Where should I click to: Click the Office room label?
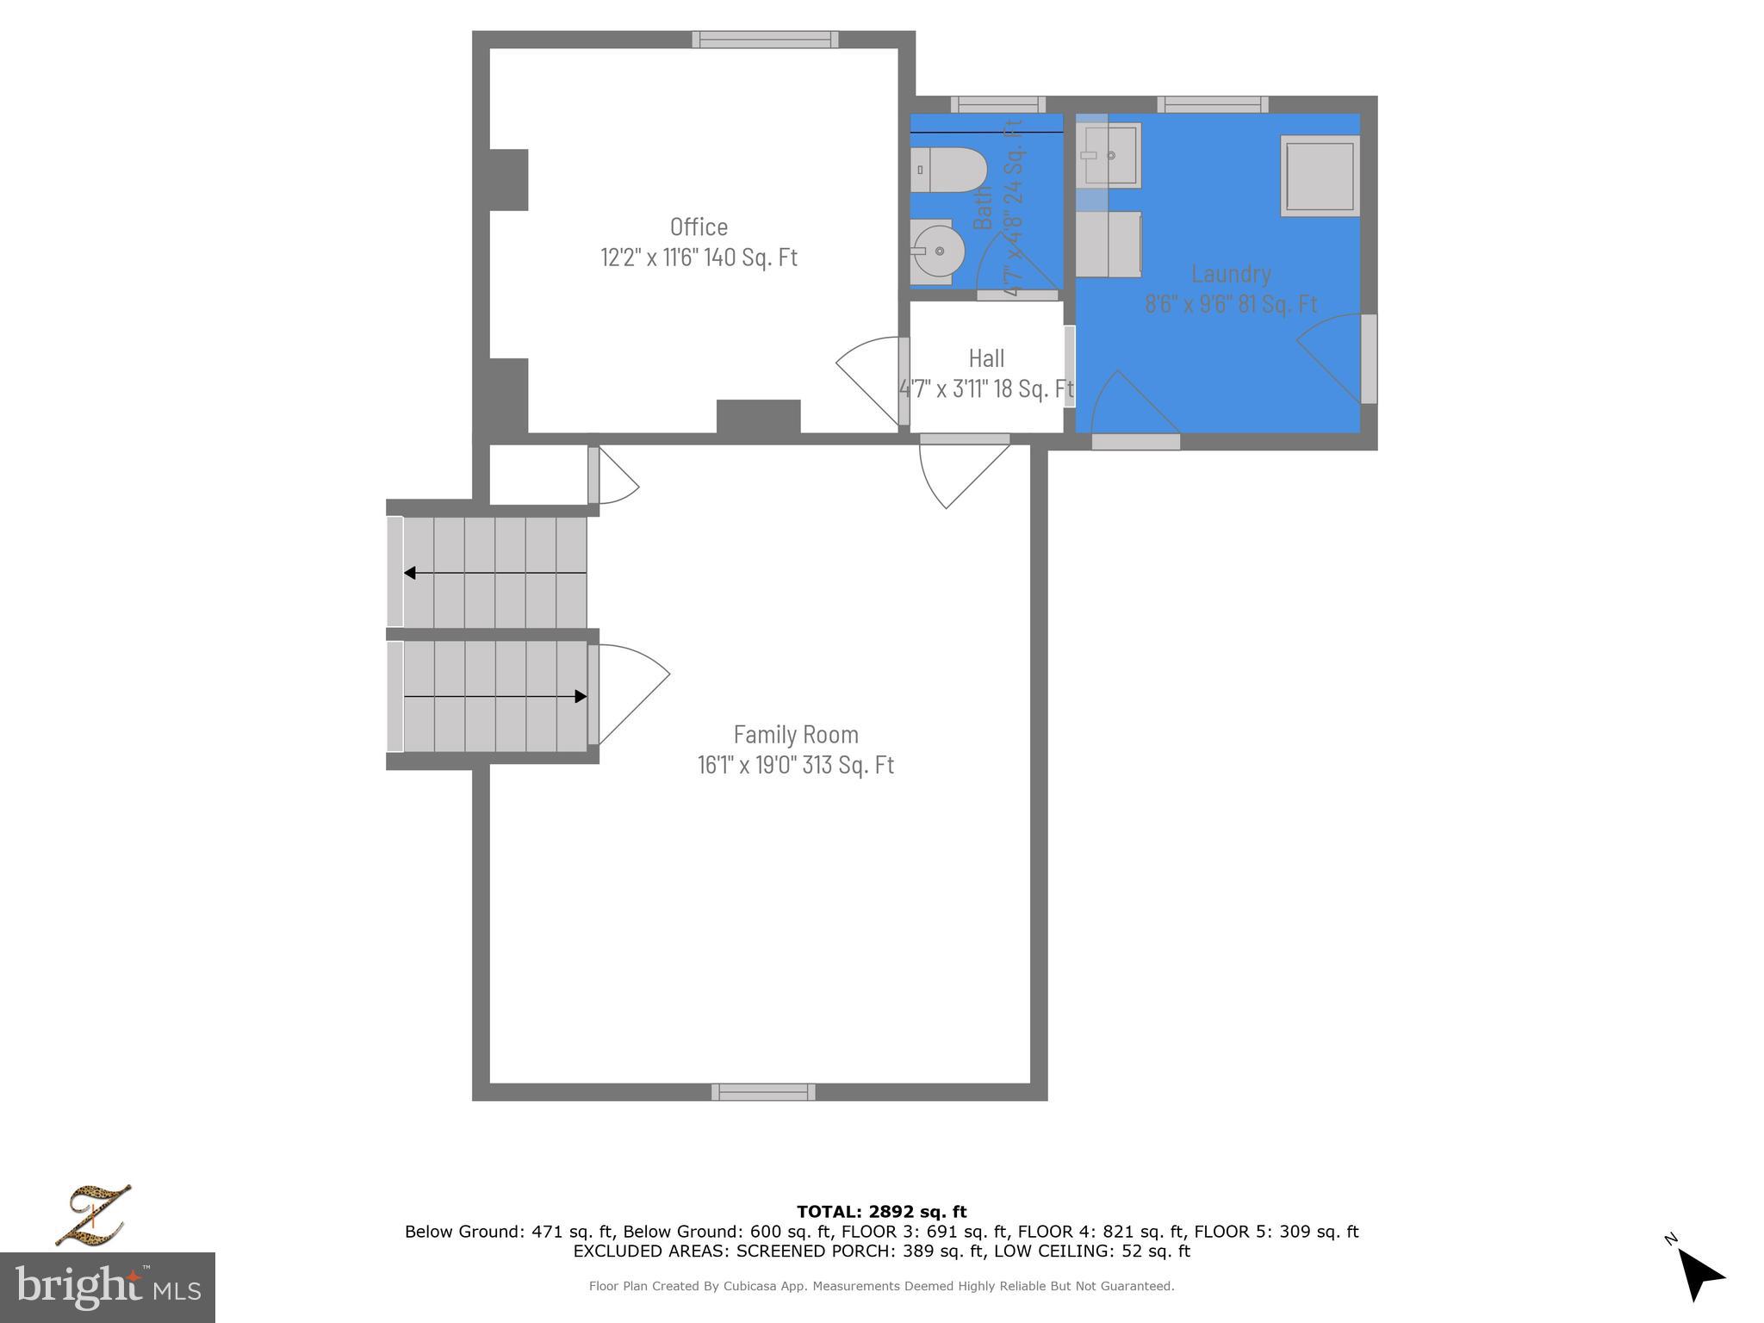[699, 227]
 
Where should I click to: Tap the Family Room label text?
[796, 735]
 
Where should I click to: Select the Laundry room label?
[1231, 274]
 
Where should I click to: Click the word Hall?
[986, 358]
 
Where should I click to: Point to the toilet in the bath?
[948, 171]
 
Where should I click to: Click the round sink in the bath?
[937, 252]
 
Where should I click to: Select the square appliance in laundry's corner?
[1320, 176]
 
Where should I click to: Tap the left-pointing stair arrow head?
[410, 573]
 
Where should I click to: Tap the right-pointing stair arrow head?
[581, 696]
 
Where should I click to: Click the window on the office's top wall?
[765, 39]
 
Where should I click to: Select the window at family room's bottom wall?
[763, 1092]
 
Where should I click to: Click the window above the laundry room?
[1212, 104]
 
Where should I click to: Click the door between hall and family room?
[963, 473]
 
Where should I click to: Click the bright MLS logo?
[108, 1287]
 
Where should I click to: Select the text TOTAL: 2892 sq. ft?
[881, 1212]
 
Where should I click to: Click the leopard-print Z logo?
[92, 1214]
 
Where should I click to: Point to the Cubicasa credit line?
[881, 1286]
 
